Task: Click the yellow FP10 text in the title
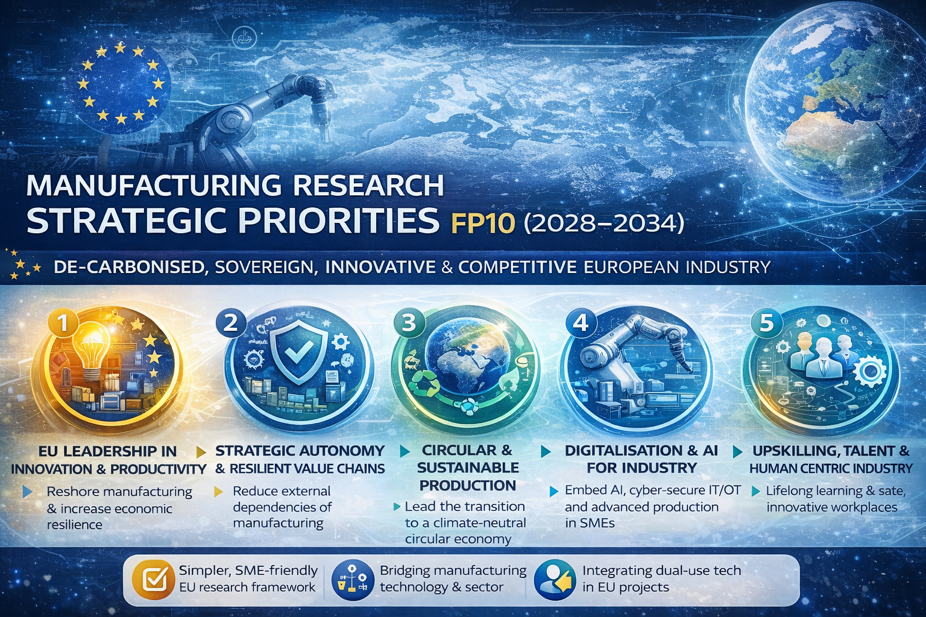(x=483, y=223)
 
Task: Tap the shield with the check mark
(x=298, y=351)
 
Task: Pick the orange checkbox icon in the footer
(x=153, y=580)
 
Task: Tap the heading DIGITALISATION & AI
(x=641, y=451)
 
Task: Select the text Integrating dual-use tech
(x=661, y=571)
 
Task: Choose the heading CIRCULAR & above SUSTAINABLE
(x=467, y=450)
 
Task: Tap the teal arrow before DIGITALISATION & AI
(x=546, y=451)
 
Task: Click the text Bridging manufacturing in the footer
(x=453, y=571)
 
